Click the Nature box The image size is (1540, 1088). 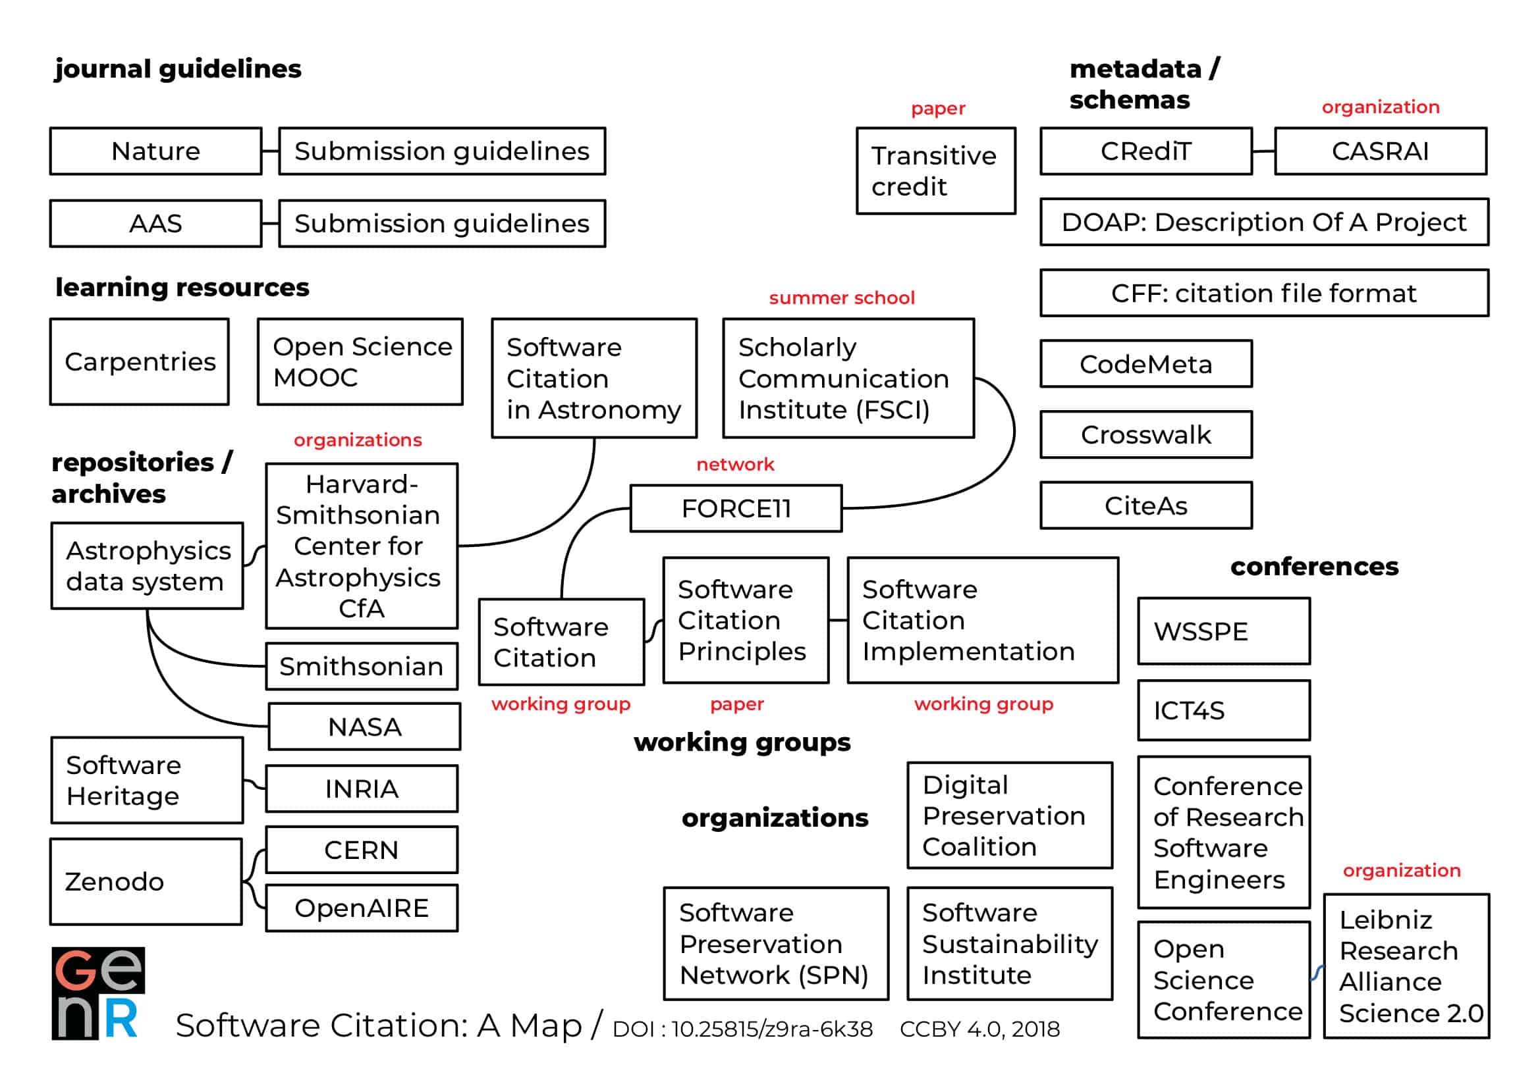[x=155, y=151]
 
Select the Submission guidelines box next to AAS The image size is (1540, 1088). [x=441, y=223]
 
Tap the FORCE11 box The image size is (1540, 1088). [x=736, y=508]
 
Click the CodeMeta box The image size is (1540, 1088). [x=1145, y=364]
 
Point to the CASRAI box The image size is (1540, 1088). [x=1380, y=151]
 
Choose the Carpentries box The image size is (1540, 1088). [x=140, y=362]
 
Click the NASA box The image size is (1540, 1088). [x=364, y=727]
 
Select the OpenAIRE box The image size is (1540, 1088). [x=362, y=908]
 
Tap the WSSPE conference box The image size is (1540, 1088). [x=1223, y=631]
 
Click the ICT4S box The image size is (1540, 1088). [x=1223, y=710]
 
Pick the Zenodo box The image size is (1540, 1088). [x=146, y=881]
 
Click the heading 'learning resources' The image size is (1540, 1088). [x=182, y=287]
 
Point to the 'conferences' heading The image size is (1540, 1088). [x=1314, y=567]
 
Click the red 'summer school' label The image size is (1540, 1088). [x=841, y=298]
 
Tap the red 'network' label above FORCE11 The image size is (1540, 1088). [x=735, y=464]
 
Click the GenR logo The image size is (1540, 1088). [x=98, y=993]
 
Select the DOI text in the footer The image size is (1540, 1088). [x=742, y=1029]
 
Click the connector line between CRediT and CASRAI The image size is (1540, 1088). [x=1263, y=151]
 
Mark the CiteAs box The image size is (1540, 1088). [x=1145, y=505]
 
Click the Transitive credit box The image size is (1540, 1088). [x=936, y=171]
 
